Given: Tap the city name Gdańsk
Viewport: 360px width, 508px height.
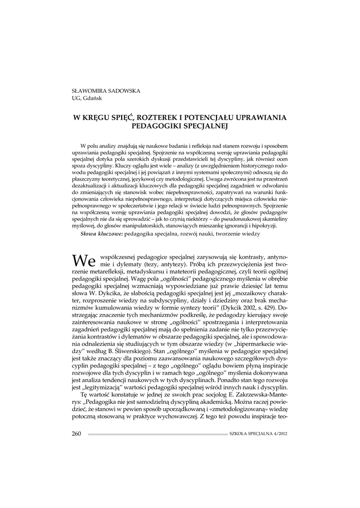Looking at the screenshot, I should click(x=93, y=97).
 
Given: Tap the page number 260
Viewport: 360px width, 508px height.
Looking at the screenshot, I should click(x=76, y=434).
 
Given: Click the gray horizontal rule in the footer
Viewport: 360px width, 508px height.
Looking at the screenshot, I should click(x=157, y=434).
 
